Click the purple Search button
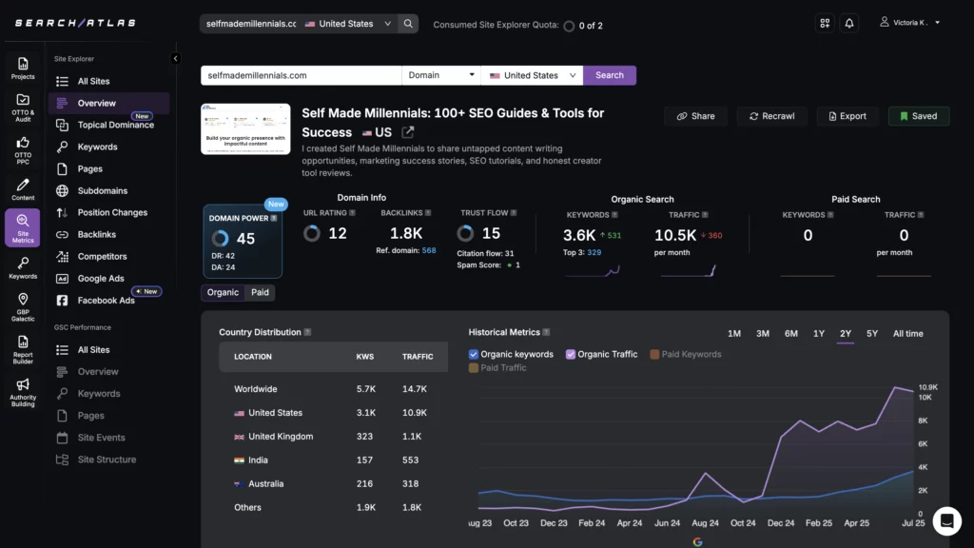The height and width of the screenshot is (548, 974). coord(610,75)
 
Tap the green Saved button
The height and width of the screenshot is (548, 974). coord(917,116)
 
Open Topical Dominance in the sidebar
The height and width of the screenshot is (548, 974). coord(115,125)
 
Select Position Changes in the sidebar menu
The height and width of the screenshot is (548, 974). coord(112,212)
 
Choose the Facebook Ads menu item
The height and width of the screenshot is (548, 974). coord(106,301)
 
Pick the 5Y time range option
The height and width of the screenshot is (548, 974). coord(872,333)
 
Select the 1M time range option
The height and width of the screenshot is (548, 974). coord(734,333)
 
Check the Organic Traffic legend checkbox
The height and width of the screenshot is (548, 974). coord(571,354)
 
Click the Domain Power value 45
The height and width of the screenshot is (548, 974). coord(245,239)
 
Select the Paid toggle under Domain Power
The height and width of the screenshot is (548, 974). coord(260,292)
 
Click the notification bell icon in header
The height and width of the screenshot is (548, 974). coord(849,23)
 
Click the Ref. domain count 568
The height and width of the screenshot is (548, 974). coord(429,251)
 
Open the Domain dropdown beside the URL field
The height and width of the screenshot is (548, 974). coord(441,75)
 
